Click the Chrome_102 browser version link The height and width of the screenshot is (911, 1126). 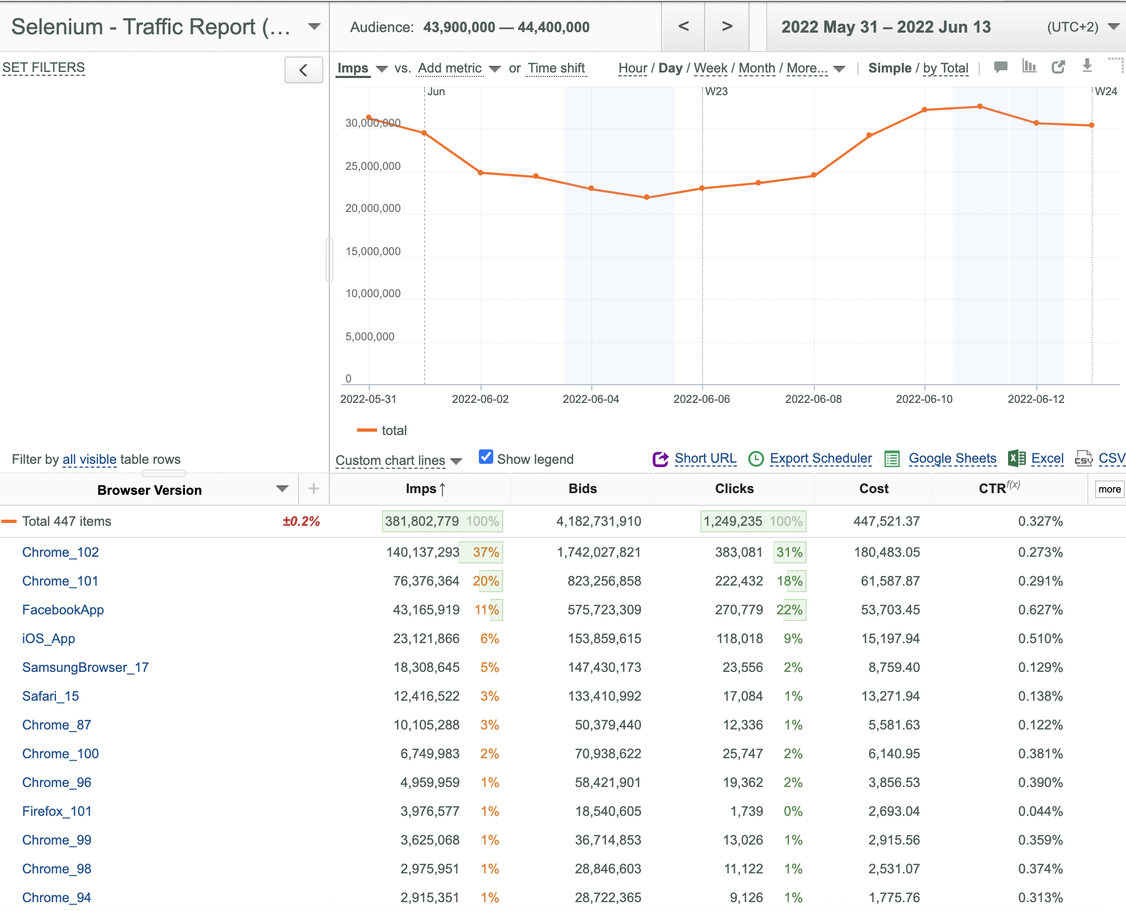(x=60, y=552)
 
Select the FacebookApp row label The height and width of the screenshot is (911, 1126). (x=63, y=609)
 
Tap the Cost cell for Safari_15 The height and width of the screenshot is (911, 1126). (x=890, y=696)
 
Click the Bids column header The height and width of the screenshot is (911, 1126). (x=582, y=489)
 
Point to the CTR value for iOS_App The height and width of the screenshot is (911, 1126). (x=1040, y=638)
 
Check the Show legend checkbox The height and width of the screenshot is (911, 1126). (x=485, y=457)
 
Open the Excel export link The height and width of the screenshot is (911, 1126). (x=1047, y=458)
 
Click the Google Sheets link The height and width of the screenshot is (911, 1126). (x=952, y=458)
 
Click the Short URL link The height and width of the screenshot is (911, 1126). (x=705, y=458)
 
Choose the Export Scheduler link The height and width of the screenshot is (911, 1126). (x=820, y=458)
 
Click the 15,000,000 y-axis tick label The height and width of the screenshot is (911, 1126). (x=373, y=251)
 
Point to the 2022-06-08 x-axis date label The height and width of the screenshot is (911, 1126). (x=813, y=399)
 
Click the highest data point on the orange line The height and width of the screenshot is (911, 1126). (x=980, y=106)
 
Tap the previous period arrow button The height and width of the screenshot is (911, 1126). (x=684, y=27)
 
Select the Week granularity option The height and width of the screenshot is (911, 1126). (x=710, y=68)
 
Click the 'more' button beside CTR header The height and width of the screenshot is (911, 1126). (x=1109, y=489)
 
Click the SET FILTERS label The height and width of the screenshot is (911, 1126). (x=44, y=68)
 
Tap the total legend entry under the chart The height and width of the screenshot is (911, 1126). (x=382, y=430)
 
